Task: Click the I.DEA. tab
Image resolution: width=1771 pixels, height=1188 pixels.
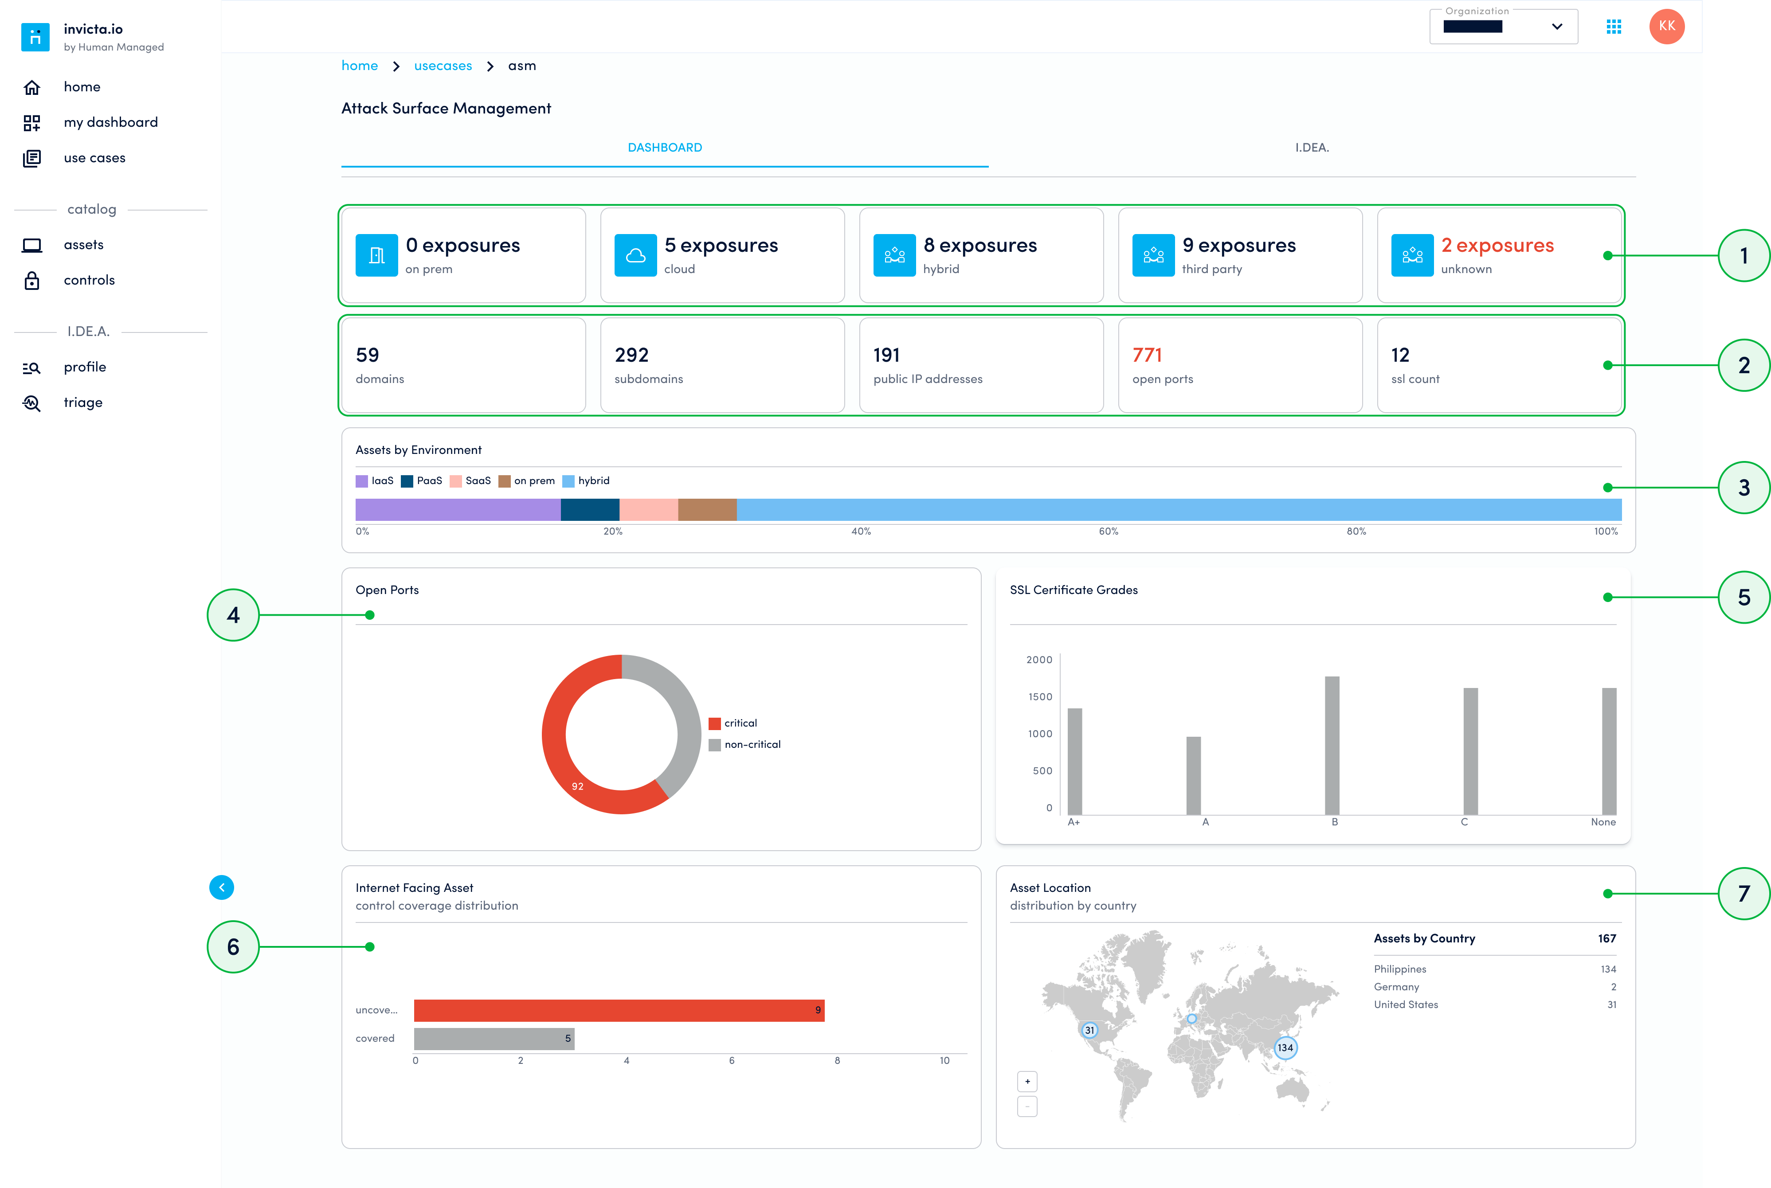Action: (1311, 148)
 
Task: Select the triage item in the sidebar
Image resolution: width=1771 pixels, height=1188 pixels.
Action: (82, 403)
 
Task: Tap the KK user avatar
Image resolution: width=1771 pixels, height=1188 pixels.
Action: (1666, 27)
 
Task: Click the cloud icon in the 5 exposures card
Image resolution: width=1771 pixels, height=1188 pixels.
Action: (635, 255)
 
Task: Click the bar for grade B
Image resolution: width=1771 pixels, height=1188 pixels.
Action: (1332, 746)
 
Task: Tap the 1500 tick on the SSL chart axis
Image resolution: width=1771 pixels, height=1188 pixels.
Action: (1040, 697)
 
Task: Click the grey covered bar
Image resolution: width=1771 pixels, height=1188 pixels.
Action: (494, 1039)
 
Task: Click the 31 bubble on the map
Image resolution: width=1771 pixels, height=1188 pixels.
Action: (1089, 1030)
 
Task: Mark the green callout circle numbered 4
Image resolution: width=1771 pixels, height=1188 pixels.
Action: (233, 615)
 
